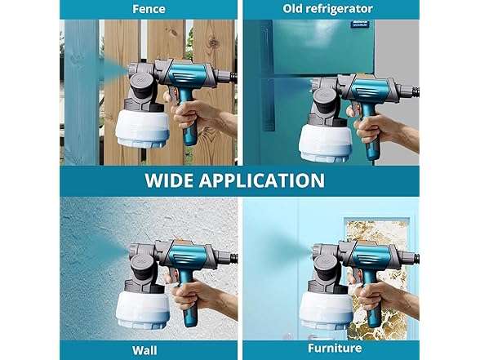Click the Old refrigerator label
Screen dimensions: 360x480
click(328, 8)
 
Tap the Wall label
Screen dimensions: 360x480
click(148, 350)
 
